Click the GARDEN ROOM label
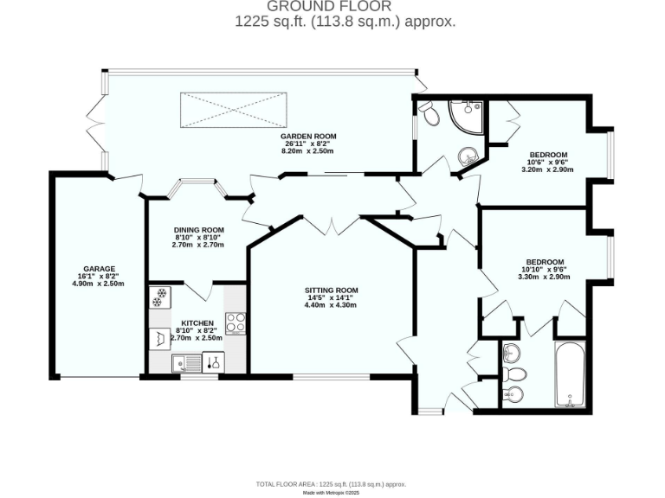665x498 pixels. tap(307, 136)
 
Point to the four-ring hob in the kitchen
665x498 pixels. tap(236, 322)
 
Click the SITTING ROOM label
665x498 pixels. tap(331, 290)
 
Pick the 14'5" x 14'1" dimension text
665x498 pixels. tap(331, 297)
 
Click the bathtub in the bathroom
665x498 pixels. tap(570, 374)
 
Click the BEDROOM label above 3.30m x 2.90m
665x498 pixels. tap(545, 262)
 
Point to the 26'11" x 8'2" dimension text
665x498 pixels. tap(307, 144)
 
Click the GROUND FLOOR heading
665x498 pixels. tap(332, 7)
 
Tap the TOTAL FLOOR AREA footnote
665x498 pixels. tap(332, 484)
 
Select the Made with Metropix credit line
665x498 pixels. tap(332, 493)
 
